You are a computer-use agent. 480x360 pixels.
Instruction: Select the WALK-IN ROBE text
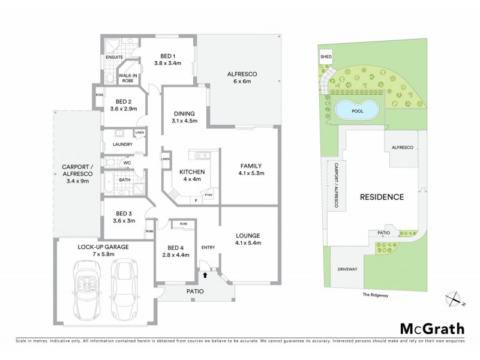(128, 77)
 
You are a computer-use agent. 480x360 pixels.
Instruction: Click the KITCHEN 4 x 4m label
(192, 176)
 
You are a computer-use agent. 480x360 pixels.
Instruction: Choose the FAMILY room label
(251, 170)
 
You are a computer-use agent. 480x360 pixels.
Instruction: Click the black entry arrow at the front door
(206, 275)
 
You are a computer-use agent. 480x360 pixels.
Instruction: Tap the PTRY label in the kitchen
(209, 195)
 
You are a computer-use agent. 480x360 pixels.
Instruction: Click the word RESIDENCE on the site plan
(381, 196)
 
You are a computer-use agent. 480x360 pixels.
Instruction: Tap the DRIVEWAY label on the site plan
(347, 269)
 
